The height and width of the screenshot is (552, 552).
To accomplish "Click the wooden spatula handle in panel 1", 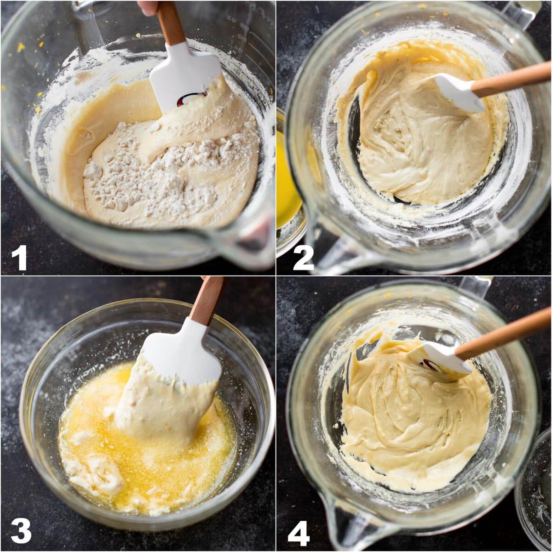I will [x=171, y=23].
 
